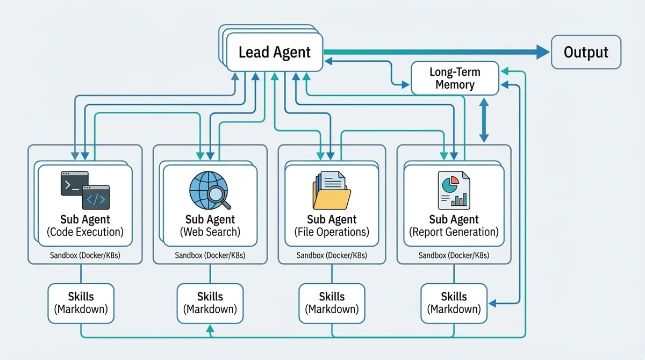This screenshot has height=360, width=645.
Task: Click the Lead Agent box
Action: point(274,52)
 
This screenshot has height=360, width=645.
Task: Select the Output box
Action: point(586,52)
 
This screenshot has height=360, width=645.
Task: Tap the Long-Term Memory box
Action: point(455,78)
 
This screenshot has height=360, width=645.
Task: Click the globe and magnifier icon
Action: point(210,191)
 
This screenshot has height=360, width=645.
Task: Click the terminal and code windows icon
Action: point(85,190)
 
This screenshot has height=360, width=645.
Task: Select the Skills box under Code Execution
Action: point(81,303)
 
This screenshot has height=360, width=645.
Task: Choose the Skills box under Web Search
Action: point(210,303)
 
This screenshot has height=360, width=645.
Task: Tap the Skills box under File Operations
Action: point(332,303)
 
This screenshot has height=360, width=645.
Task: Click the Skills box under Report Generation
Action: point(454,303)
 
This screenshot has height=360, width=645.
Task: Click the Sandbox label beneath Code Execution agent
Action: point(85,255)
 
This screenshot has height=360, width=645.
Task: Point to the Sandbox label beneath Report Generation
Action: point(454,255)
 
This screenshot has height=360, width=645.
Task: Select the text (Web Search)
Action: point(210,232)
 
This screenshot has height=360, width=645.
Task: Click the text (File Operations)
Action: point(332,232)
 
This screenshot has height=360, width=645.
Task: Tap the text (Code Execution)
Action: point(85,232)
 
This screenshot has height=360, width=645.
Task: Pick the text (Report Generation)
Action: point(454,232)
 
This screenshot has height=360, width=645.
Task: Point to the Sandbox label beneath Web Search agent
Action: point(210,255)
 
